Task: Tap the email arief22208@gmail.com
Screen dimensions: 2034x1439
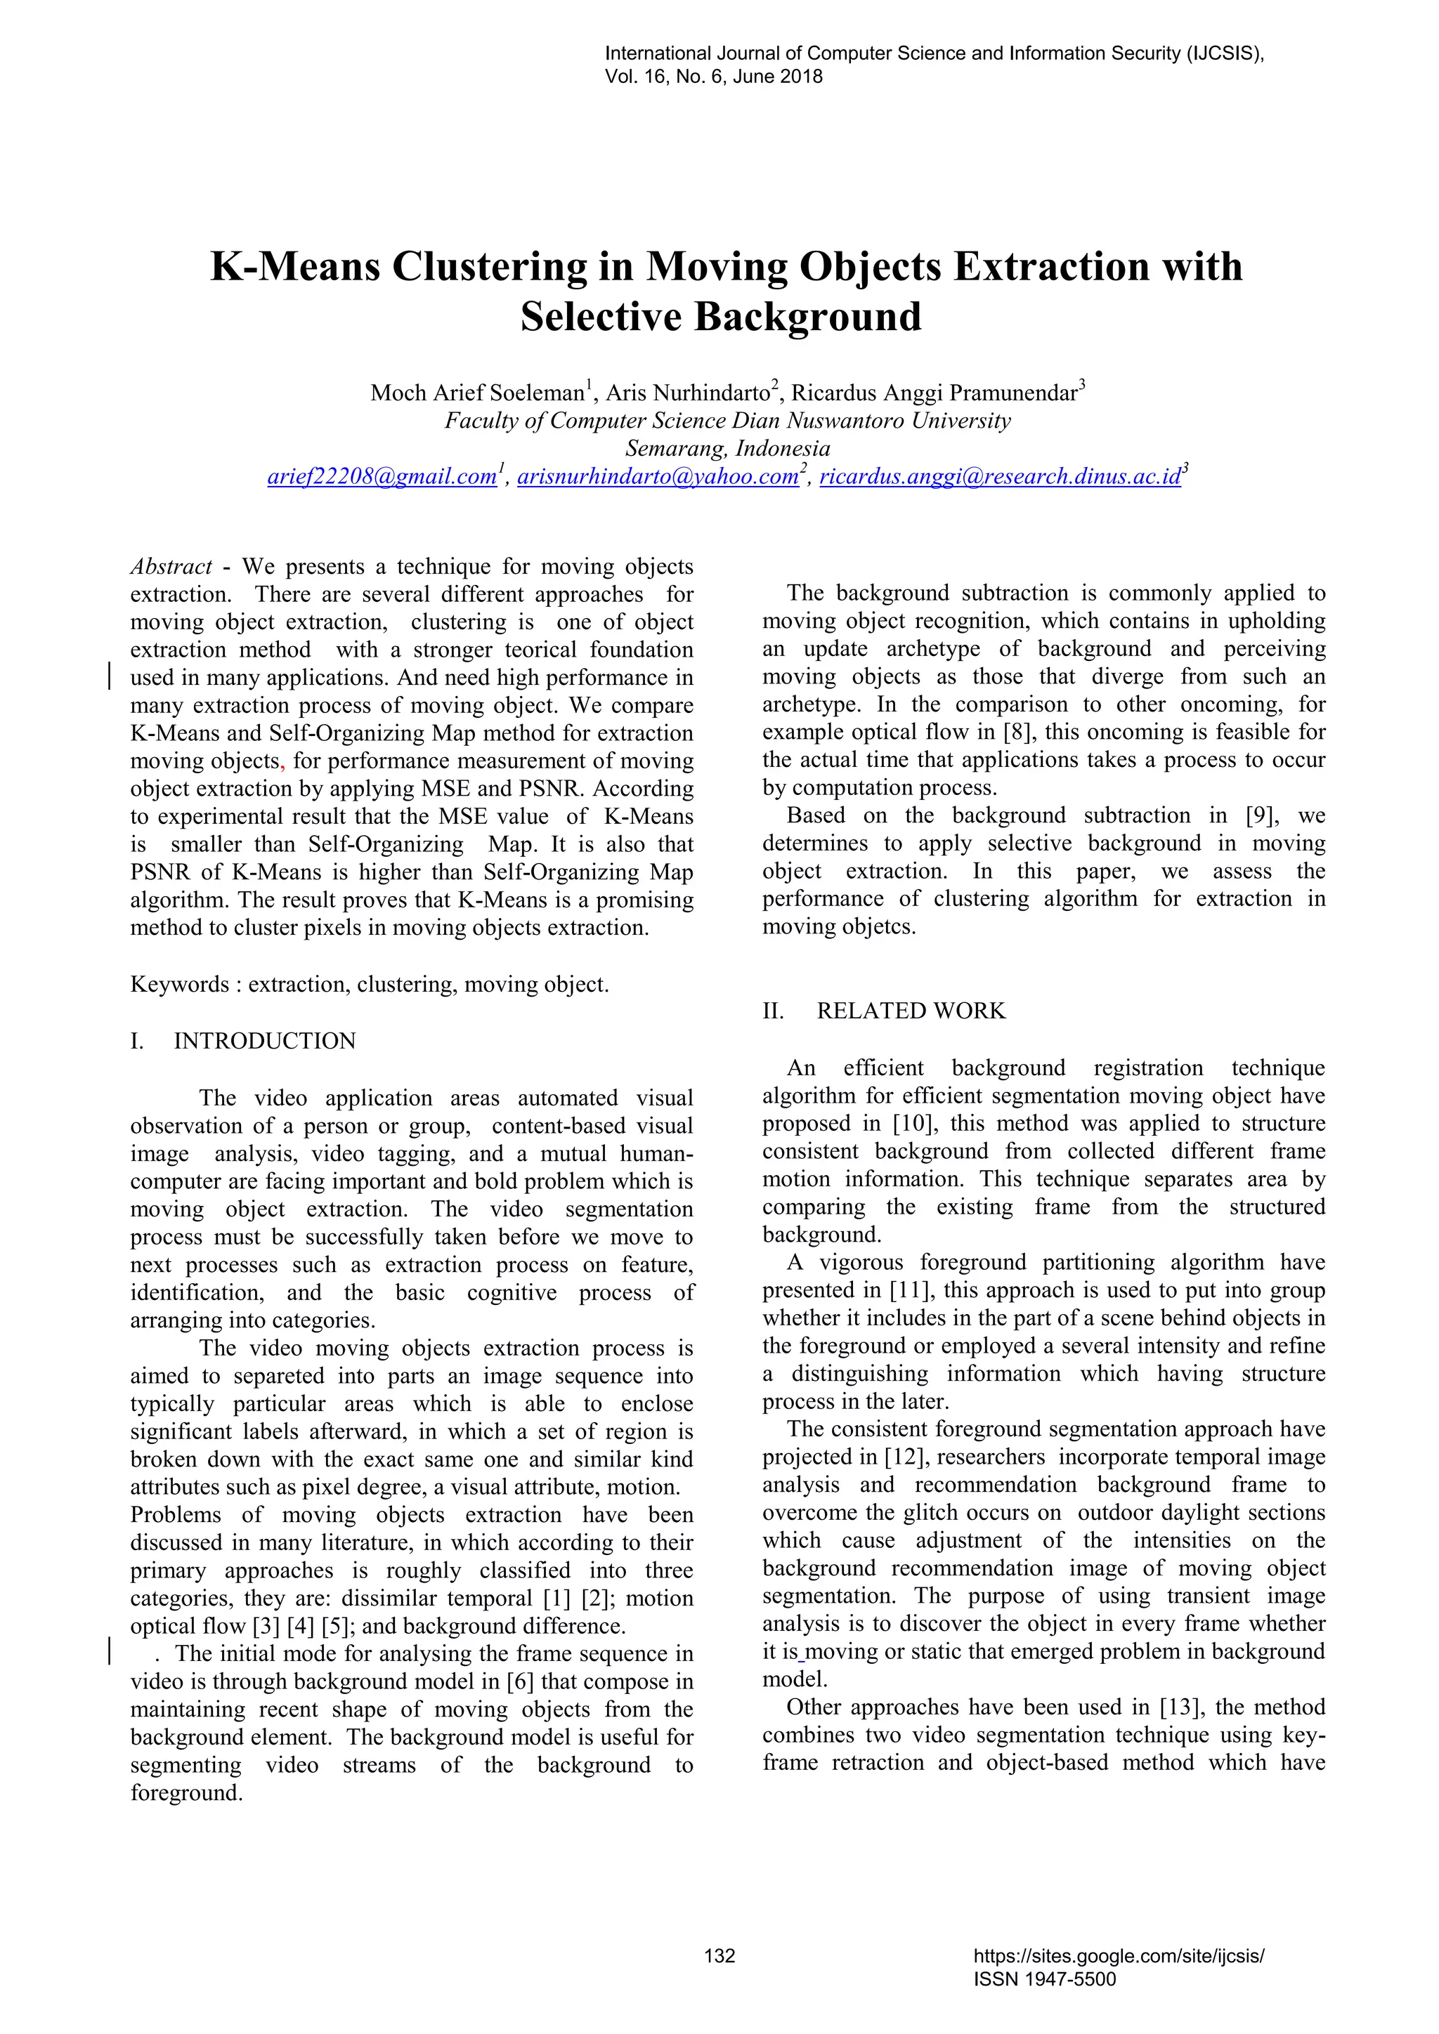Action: (382, 477)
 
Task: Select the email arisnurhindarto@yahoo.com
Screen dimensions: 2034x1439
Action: (658, 477)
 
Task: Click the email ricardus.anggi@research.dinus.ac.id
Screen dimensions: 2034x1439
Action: (1001, 477)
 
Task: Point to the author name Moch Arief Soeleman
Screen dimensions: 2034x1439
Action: (476, 393)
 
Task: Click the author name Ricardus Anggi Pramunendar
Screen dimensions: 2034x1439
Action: (934, 393)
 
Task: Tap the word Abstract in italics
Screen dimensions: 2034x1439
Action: (171, 567)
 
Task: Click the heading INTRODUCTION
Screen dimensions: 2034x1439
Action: (264, 1041)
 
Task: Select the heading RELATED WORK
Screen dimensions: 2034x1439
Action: (911, 1011)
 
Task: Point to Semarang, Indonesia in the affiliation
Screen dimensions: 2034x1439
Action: (727, 448)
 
